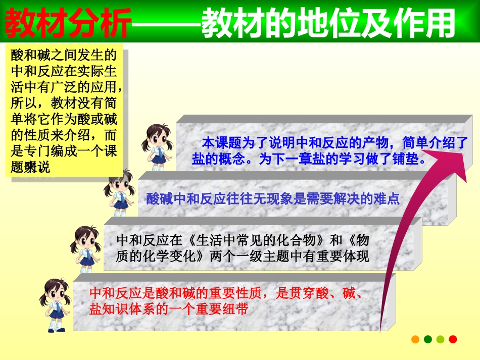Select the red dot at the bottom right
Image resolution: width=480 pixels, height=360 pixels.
[x=453, y=339]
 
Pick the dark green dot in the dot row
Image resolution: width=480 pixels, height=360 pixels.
[x=428, y=339]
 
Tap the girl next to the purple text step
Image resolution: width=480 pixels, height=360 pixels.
[x=119, y=192]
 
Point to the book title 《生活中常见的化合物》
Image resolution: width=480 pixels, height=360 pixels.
[x=253, y=239]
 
